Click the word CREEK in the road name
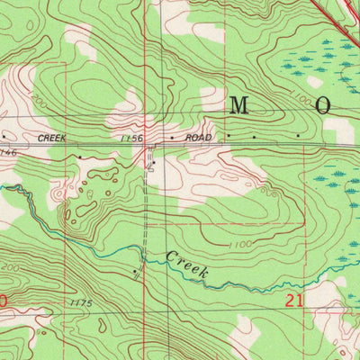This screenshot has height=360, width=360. [x=52, y=138]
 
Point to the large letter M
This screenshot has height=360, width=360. [x=238, y=105]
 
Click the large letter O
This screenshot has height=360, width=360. [x=323, y=105]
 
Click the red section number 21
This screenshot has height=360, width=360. [x=293, y=301]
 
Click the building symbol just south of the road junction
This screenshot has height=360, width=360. [x=153, y=165]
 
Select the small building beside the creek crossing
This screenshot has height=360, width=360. [x=135, y=269]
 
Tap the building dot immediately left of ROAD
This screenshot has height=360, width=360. [x=172, y=138]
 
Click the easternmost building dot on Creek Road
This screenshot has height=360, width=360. [x=298, y=137]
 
